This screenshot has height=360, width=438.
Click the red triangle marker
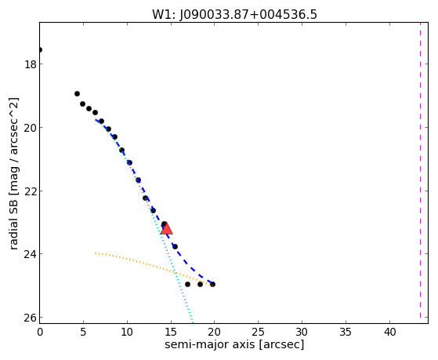(166, 228)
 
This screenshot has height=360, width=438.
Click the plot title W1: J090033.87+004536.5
(234, 14)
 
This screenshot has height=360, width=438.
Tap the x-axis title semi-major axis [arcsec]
(234, 344)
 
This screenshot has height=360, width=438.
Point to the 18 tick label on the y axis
(30, 64)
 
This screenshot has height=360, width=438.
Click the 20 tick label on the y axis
(30, 128)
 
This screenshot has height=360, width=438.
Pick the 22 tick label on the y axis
(30, 191)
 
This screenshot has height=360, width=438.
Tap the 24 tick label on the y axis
(30, 254)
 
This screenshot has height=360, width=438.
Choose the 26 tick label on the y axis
(30, 318)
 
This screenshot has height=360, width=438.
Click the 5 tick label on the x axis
(83, 332)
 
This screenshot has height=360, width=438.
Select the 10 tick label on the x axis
(127, 332)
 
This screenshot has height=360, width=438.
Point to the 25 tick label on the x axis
(258, 332)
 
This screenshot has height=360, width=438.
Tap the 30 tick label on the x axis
(302, 332)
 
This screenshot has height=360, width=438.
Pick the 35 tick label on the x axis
(346, 332)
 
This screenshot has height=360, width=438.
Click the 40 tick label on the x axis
(389, 332)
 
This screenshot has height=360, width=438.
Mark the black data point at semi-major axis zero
(40, 49)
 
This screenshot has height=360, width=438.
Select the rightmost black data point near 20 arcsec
(212, 284)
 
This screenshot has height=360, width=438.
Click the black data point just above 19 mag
(77, 93)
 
